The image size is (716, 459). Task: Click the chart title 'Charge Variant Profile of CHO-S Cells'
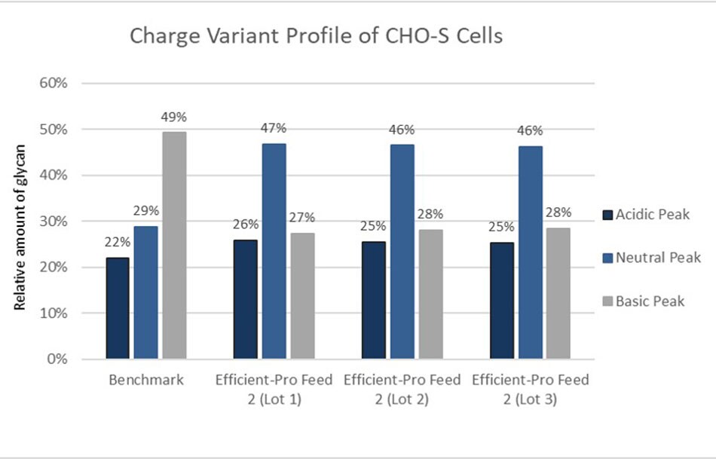(x=316, y=37)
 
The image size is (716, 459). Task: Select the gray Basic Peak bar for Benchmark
(x=174, y=245)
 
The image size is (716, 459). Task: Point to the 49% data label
(x=173, y=118)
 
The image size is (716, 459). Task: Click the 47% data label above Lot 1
(x=274, y=129)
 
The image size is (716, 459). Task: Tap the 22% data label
(x=118, y=243)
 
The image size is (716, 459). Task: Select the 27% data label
(x=301, y=219)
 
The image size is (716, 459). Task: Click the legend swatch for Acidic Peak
(x=608, y=216)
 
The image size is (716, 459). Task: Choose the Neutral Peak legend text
(x=658, y=258)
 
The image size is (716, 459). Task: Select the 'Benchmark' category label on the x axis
(x=146, y=381)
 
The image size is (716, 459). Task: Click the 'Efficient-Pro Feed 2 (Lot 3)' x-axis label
(x=531, y=390)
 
